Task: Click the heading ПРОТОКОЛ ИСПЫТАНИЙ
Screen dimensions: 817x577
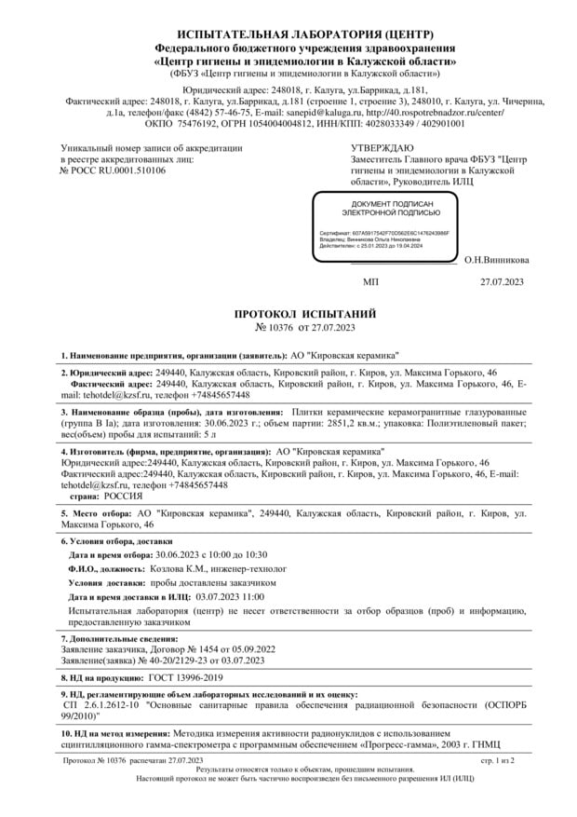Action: point(288,315)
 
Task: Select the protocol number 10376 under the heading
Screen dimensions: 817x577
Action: point(274,328)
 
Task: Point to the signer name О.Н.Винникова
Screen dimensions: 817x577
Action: point(496,261)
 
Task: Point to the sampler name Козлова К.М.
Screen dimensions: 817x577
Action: point(180,566)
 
